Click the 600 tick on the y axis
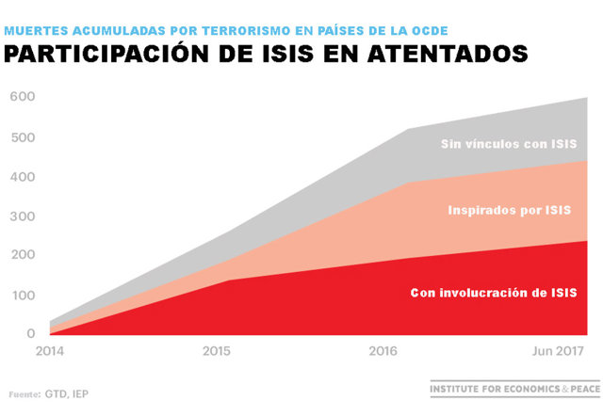point(23,96)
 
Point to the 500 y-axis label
point(23,137)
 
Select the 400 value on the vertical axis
point(23,177)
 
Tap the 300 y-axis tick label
point(23,216)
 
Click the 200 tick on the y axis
point(23,255)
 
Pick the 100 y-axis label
point(23,296)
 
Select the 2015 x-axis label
point(219,352)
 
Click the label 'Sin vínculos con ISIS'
point(509,145)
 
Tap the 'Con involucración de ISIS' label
point(494,293)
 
